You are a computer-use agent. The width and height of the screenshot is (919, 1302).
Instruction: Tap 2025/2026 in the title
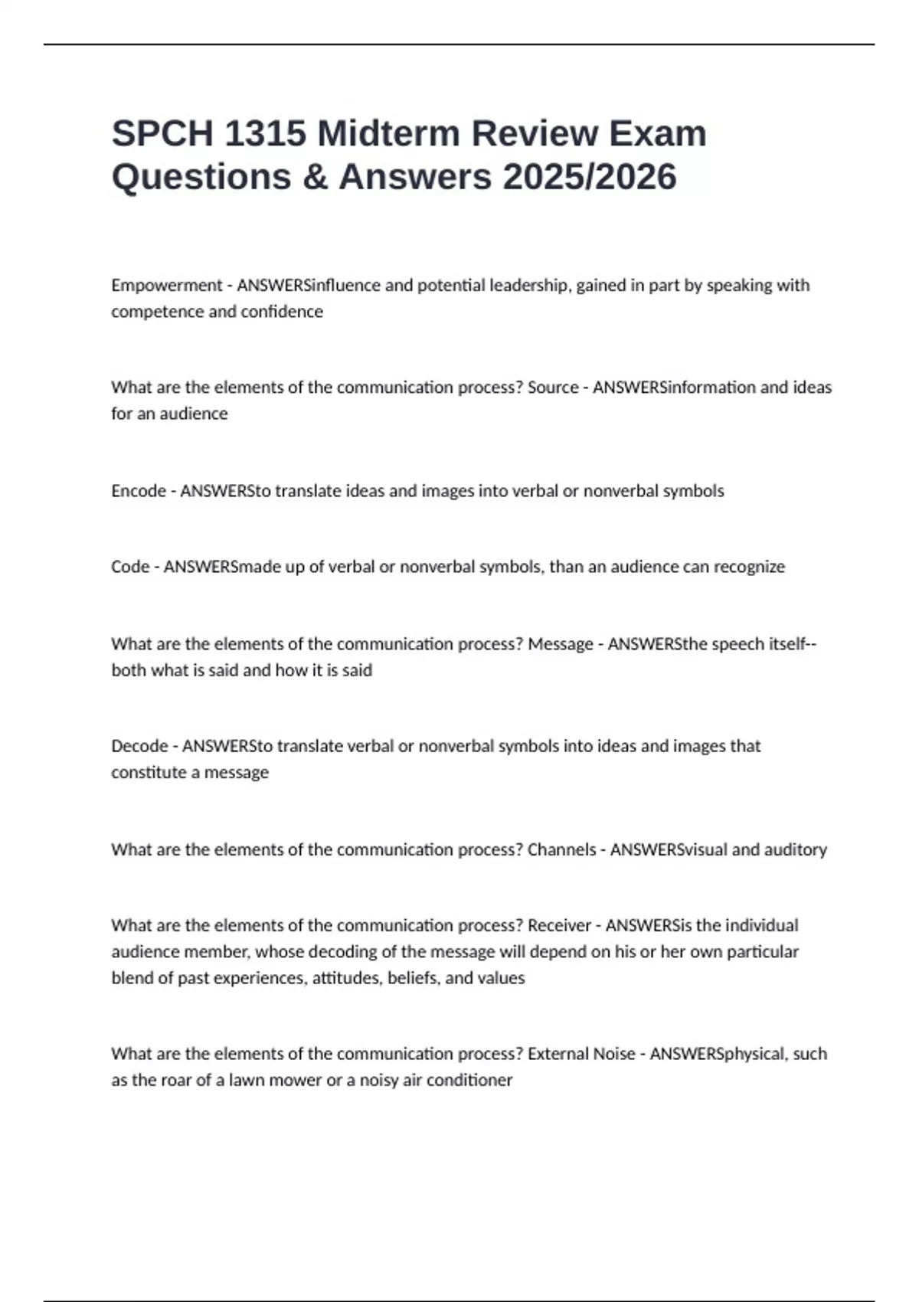point(590,177)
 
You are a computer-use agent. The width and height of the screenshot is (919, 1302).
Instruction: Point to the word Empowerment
point(166,286)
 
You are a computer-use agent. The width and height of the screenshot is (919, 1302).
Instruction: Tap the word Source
point(553,388)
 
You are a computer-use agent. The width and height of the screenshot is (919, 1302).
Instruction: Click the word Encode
point(139,491)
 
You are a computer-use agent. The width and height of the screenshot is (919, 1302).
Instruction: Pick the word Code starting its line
point(130,567)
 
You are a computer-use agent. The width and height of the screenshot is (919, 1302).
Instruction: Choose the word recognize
point(749,567)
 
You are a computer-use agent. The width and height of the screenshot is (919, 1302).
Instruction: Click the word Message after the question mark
point(561,644)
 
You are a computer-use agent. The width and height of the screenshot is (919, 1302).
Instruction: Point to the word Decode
point(139,746)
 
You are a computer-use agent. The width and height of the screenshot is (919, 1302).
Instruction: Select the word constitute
point(149,773)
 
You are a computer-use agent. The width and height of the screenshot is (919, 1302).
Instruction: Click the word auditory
point(796,849)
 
